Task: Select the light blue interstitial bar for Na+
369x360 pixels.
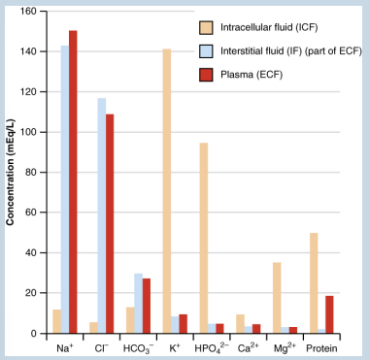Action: pyautogui.click(x=64, y=189)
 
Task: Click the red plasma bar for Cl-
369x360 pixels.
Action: pyautogui.click(x=110, y=224)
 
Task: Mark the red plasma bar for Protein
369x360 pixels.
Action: pyautogui.click(x=330, y=314)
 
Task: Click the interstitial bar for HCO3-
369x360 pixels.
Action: pyautogui.click(x=138, y=304)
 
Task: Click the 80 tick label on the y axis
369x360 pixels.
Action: pyautogui.click(x=37, y=173)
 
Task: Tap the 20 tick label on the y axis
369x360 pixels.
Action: pyautogui.click(x=37, y=293)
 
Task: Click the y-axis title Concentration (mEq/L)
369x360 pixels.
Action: pyautogui.click(x=11, y=173)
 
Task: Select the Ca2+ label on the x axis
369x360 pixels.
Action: pyautogui.click(x=249, y=347)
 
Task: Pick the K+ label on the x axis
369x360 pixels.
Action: pyautogui.click(x=175, y=347)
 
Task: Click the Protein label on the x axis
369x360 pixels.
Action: pyautogui.click(x=321, y=347)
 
